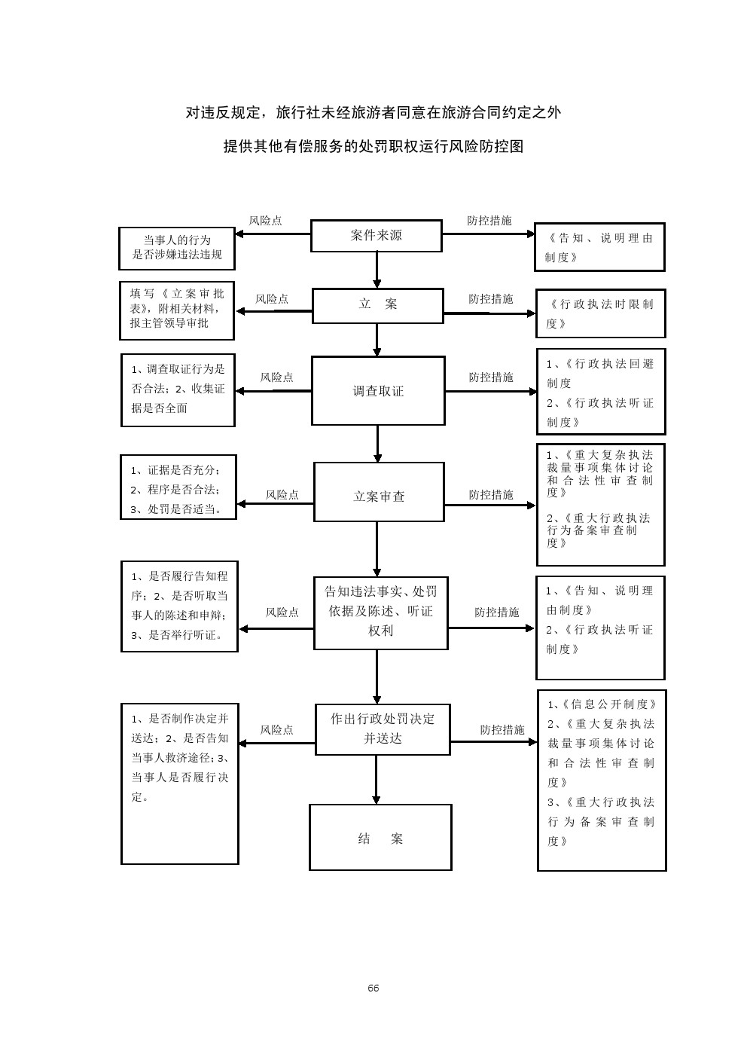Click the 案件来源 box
pyautogui.click(x=377, y=236)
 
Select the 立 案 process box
pyautogui.click(x=377, y=305)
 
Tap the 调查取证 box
pyautogui.click(x=378, y=391)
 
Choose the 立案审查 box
pyautogui.click(x=379, y=496)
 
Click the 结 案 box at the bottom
pyautogui.click(x=380, y=838)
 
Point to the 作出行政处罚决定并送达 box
pyautogui.click(x=383, y=729)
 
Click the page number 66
pyautogui.click(x=373, y=988)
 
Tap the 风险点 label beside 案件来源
pyautogui.click(x=266, y=221)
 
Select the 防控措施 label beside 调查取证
pyautogui.click(x=491, y=377)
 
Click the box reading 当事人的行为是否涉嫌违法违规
pyautogui.click(x=177, y=248)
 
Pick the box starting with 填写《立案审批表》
pyautogui.click(x=177, y=310)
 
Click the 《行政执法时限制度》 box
pyautogui.click(x=600, y=313)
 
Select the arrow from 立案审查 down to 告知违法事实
pyautogui.click(x=377, y=548)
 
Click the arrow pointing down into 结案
pyautogui.click(x=377, y=780)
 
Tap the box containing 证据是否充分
pyautogui.click(x=178, y=487)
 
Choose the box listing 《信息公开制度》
pyautogui.click(x=602, y=780)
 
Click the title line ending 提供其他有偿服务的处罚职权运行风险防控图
pyautogui.click(x=373, y=147)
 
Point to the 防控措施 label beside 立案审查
pyautogui.click(x=491, y=495)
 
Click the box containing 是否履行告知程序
pyautogui.click(x=179, y=606)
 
